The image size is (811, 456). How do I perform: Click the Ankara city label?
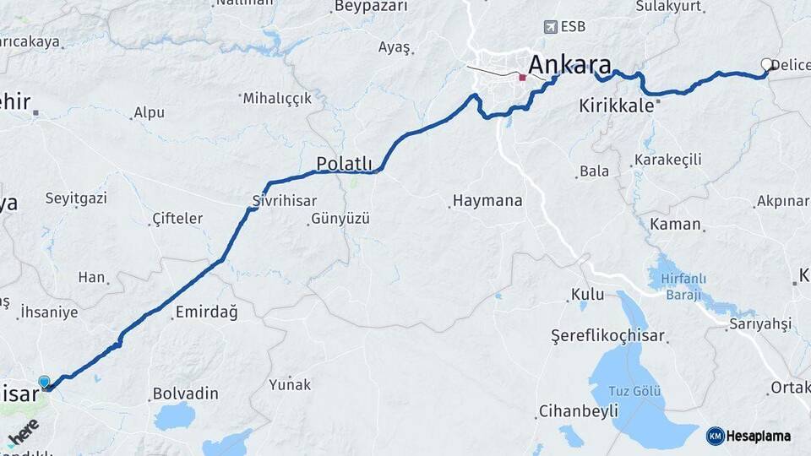click(x=569, y=64)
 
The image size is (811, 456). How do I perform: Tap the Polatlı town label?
click(x=344, y=162)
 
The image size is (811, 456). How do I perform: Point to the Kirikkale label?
click(x=617, y=106)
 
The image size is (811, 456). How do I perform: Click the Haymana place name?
click(x=487, y=201)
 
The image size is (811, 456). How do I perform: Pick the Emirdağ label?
click(x=206, y=312)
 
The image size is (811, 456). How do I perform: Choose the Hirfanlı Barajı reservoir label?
click(x=684, y=286)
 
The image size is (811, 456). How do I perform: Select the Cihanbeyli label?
click(x=579, y=411)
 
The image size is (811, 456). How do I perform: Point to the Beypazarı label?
click(x=371, y=7)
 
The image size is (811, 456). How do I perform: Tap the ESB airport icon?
click(x=552, y=26)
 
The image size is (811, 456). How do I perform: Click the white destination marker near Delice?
click(x=767, y=64)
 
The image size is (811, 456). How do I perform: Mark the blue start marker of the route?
click(x=44, y=382)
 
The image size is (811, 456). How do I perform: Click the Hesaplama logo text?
click(x=755, y=436)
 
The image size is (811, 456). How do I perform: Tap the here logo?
click(x=24, y=432)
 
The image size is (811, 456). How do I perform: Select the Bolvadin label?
click(x=185, y=394)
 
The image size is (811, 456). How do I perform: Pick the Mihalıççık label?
click(x=277, y=99)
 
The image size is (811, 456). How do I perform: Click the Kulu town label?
click(x=587, y=295)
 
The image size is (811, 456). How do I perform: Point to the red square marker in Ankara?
click(x=523, y=78)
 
